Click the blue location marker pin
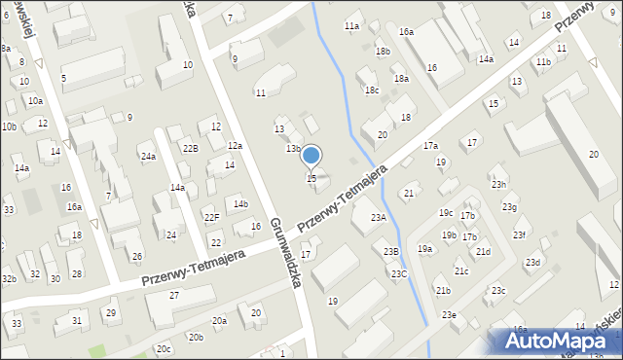(311, 156)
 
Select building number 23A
(378, 218)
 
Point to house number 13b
(292, 149)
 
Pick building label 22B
(190, 148)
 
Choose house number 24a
(147, 157)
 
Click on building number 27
(174, 295)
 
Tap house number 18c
(371, 90)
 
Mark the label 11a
(351, 25)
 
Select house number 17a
(430, 146)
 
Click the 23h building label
(498, 185)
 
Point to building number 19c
(446, 212)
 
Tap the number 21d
(483, 252)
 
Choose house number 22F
(211, 218)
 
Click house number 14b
(240, 203)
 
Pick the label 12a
(235, 146)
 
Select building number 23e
(448, 314)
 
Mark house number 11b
(543, 62)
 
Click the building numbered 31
(77, 320)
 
